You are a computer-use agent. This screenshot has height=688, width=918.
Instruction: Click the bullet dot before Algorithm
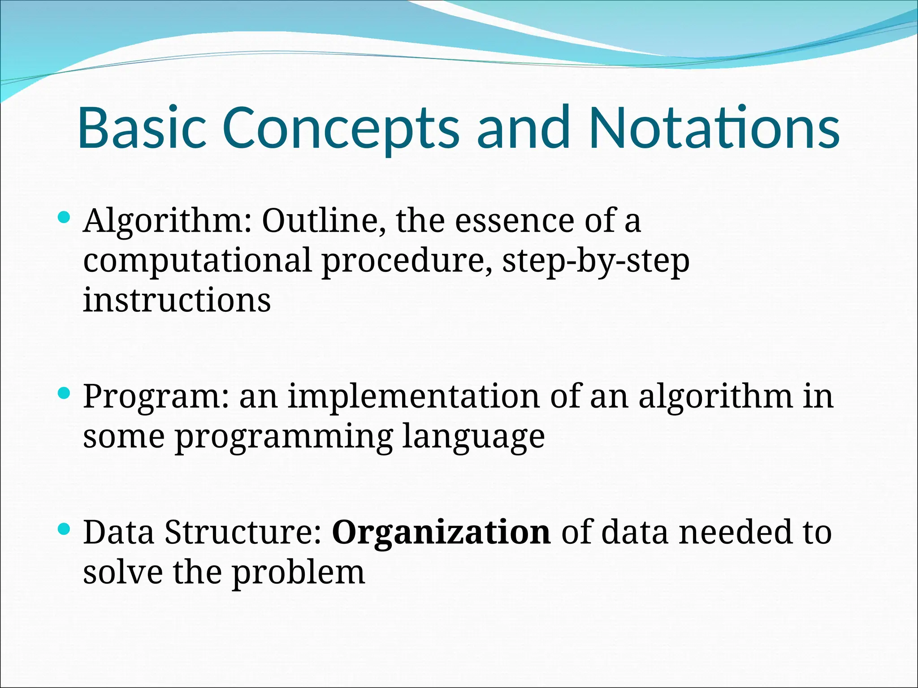[65, 218]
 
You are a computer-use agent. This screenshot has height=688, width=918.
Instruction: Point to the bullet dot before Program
[65, 394]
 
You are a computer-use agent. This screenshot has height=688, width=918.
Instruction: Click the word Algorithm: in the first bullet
[168, 221]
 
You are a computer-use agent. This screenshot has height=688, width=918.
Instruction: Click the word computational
[197, 261]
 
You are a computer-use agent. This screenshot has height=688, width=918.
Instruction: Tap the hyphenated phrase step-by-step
[596, 262]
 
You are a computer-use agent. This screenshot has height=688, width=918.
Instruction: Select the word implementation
[413, 397]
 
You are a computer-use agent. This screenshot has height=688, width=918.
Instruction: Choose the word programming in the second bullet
[284, 437]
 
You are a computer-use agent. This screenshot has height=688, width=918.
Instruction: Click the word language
[473, 437]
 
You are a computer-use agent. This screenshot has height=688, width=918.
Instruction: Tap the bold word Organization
[441, 533]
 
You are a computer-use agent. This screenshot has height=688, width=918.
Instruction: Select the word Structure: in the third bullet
[243, 532]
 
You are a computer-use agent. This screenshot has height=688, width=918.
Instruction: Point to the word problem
[299, 573]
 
